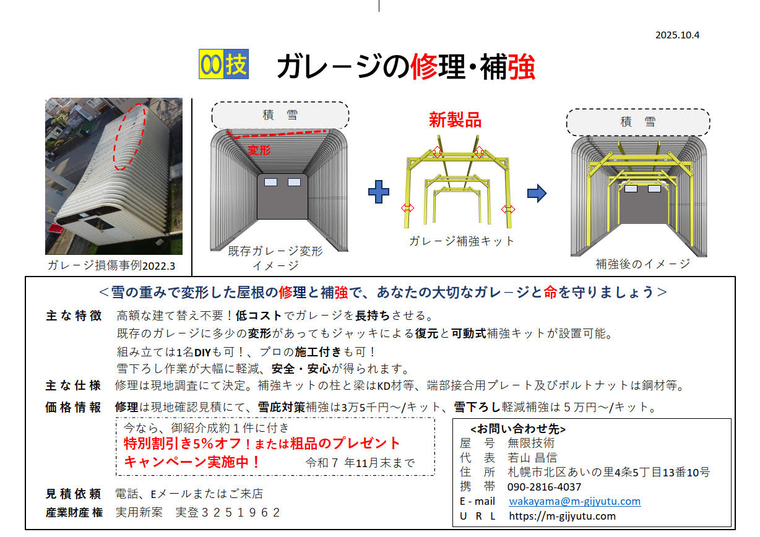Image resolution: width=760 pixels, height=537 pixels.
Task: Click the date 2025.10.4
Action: (677, 35)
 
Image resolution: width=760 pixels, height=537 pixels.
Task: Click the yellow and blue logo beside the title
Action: (223, 64)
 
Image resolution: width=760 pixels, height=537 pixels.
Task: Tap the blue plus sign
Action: (379, 192)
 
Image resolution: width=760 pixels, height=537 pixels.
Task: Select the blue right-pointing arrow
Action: (537, 193)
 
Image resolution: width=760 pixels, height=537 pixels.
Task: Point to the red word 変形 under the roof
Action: (259, 150)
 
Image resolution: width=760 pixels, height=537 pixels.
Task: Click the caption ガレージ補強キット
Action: (462, 241)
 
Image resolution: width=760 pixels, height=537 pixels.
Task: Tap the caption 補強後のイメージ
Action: (642, 264)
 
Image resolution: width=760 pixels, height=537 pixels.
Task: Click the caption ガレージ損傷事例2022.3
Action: (111, 265)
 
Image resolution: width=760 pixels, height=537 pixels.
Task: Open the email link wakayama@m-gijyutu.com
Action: (575, 501)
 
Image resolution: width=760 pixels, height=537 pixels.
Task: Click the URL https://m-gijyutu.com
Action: (562, 515)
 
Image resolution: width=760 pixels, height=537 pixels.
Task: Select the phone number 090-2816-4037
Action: (544, 487)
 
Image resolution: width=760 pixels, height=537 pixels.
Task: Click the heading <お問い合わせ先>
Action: (518, 429)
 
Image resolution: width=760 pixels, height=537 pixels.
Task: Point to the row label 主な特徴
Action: (74, 316)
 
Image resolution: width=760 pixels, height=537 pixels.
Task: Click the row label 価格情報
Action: (73, 407)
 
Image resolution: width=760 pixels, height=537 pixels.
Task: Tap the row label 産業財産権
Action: (74, 512)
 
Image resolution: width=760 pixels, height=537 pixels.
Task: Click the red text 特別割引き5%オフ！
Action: (188, 444)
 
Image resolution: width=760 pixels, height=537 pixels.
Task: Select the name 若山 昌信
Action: (532, 458)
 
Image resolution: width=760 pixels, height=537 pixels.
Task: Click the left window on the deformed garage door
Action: (270, 182)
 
